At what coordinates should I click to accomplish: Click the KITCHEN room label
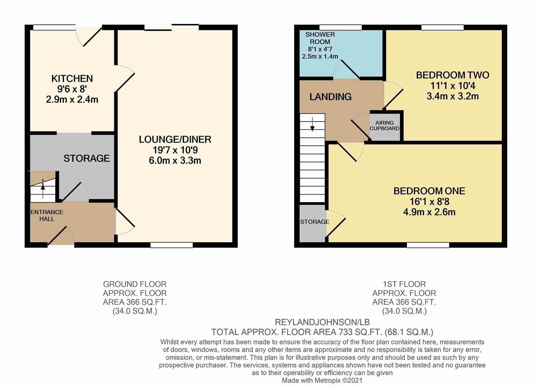(72, 79)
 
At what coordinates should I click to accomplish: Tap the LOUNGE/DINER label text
(175, 139)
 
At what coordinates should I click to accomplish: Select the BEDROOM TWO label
(453, 75)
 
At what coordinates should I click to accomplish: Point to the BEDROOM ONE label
(429, 191)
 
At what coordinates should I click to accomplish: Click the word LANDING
(330, 97)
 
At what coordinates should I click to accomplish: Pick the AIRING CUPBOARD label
(385, 125)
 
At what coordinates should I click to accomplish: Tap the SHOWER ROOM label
(320, 38)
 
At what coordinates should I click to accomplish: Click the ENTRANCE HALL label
(47, 215)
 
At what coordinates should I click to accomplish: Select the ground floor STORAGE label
(87, 158)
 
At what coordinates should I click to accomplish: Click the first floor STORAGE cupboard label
(314, 222)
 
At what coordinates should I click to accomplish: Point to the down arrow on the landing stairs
(312, 124)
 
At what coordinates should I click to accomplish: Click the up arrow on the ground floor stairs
(43, 189)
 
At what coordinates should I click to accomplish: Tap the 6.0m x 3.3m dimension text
(175, 161)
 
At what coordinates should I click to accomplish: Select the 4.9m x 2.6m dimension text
(429, 212)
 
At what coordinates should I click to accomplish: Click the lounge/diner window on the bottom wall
(172, 245)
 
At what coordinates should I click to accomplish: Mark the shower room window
(341, 28)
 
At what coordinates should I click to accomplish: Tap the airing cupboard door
(360, 130)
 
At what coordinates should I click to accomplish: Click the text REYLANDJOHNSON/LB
(322, 322)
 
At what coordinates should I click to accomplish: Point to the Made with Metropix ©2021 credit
(322, 381)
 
